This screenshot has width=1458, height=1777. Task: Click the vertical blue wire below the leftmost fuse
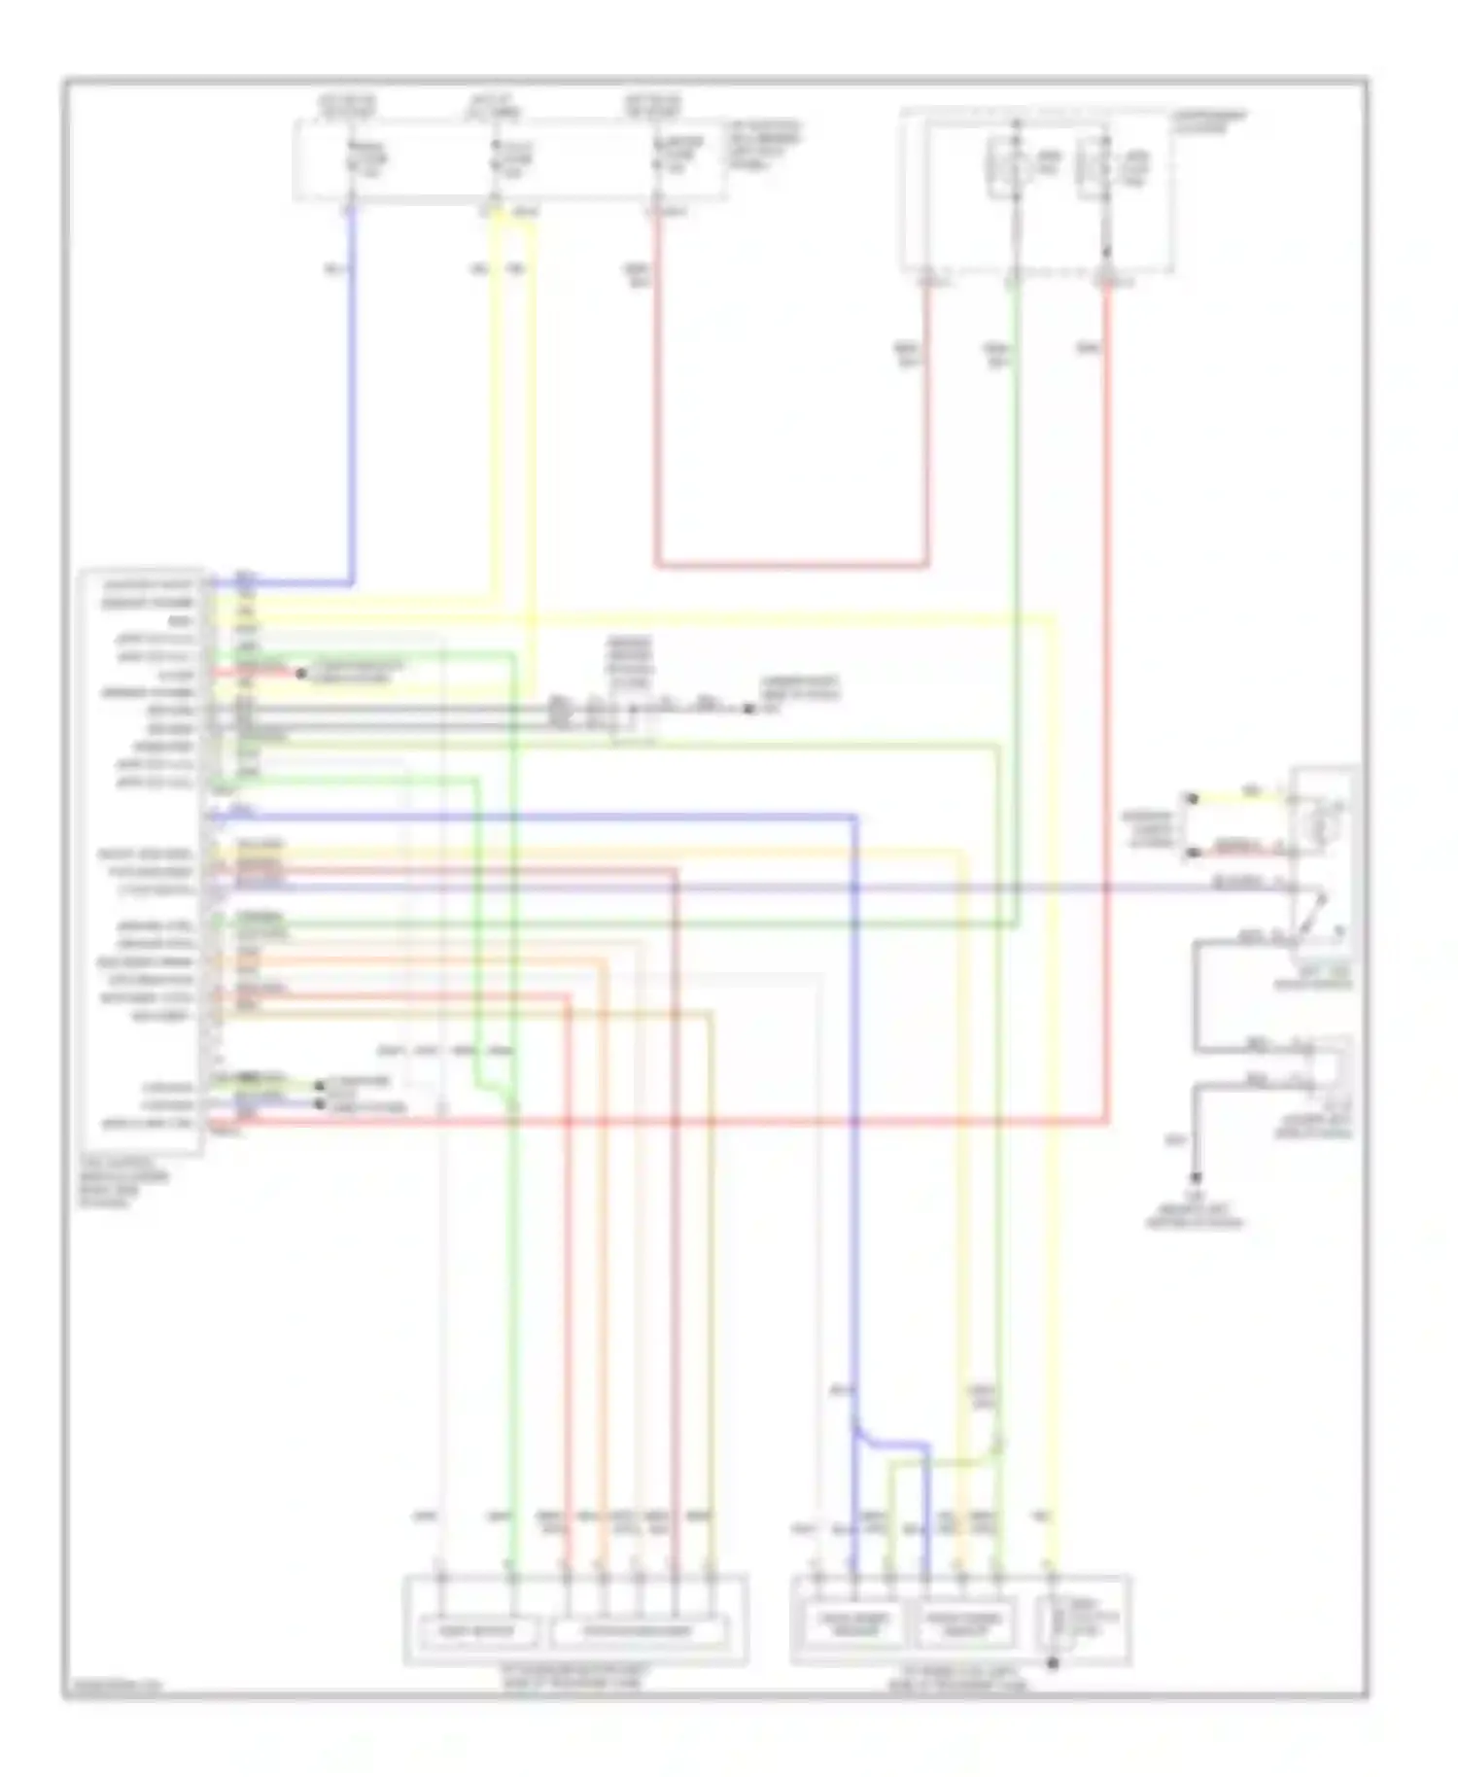tap(351, 389)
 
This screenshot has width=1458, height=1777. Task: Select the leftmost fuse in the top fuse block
tap(353, 160)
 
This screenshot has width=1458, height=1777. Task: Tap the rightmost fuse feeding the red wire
tap(657, 160)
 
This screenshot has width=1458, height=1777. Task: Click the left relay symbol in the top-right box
tap(1014, 167)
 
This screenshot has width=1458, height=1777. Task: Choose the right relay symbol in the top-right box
tap(1103, 167)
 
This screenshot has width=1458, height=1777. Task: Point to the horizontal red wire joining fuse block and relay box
tap(792, 564)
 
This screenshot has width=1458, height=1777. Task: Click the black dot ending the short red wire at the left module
tap(300, 673)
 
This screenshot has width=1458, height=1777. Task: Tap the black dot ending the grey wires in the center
tap(748, 709)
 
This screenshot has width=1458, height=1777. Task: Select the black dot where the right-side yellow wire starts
tap(1194, 798)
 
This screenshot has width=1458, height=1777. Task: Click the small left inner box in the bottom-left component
tap(475, 1630)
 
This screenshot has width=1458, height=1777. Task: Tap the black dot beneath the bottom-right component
tap(1052, 1664)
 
